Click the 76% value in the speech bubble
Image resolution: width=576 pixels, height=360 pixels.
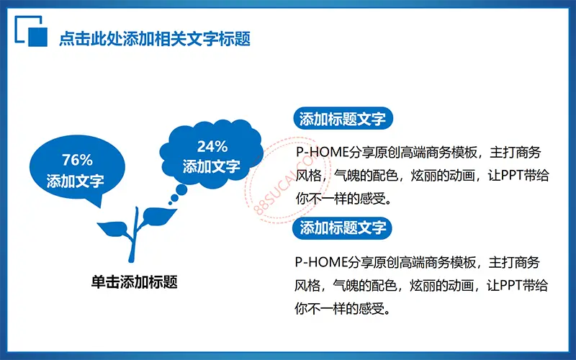77,160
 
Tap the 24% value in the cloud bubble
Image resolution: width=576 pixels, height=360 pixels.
212,147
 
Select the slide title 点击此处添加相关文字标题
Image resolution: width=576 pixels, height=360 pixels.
155,39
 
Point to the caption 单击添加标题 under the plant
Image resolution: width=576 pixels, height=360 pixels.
135,282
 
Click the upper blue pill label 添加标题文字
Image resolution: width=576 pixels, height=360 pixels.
343,119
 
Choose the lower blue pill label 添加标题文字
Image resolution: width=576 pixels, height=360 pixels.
343,228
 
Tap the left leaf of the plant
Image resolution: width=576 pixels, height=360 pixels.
113,228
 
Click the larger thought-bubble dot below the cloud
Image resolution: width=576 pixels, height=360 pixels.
181,190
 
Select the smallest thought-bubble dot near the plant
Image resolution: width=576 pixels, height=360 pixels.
170,203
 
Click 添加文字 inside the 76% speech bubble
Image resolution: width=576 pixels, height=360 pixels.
76,181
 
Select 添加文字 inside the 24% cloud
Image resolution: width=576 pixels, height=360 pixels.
212,166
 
